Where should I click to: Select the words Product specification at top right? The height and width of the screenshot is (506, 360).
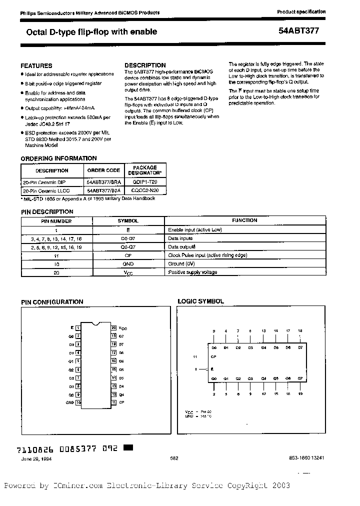[301, 11]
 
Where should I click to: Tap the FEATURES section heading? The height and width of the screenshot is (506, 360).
[36, 65]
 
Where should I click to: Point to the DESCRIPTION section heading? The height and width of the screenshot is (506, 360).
[145, 65]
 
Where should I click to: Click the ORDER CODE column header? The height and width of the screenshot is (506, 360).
[103, 170]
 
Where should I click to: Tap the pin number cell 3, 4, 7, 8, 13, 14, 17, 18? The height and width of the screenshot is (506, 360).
[55, 238]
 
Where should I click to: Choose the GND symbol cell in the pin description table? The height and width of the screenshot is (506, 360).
[128, 263]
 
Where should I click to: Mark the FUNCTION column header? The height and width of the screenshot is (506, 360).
[244, 220]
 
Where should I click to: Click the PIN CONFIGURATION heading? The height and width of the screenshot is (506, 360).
[52, 302]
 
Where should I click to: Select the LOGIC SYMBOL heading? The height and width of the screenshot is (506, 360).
[201, 301]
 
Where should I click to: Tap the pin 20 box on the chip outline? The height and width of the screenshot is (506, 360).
[114, 327]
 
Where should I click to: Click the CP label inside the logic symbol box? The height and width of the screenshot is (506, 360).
[213, 356]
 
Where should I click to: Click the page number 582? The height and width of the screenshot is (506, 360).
[174, 457]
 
